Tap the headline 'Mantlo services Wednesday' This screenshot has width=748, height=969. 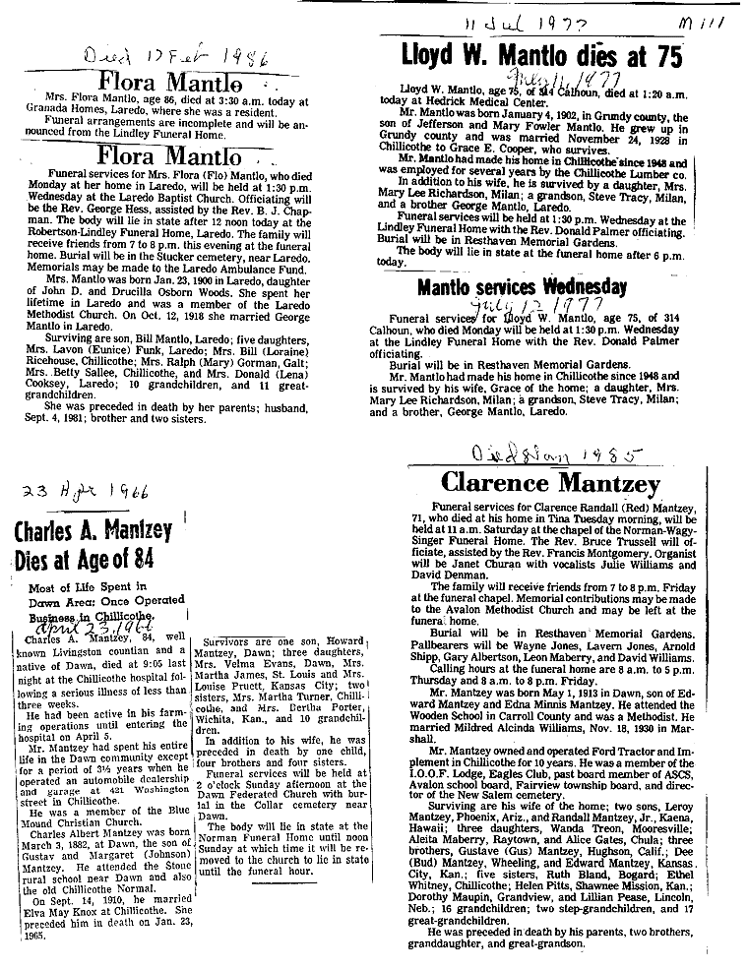click(521, 287)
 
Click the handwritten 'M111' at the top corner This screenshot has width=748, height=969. click(711, 21)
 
